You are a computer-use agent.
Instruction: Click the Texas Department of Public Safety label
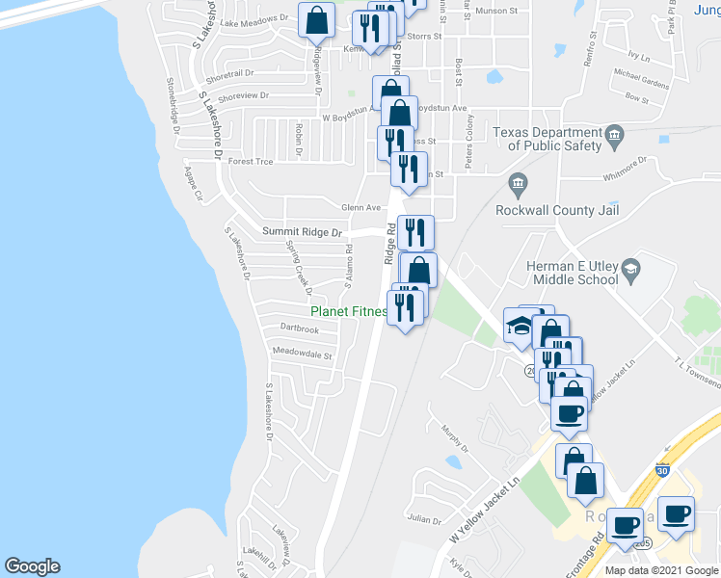546,139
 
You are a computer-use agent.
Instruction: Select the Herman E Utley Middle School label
572,273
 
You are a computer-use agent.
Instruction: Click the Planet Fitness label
348,311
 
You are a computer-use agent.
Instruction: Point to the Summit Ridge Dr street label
303,232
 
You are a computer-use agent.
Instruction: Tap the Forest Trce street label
251,162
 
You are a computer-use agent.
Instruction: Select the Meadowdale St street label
302,355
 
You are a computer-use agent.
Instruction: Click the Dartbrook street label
299,328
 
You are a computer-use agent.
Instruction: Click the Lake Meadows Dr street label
254,19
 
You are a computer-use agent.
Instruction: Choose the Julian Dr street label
424,518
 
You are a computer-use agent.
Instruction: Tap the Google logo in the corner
32,566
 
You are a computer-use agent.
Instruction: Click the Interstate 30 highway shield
661,470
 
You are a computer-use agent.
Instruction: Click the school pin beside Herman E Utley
630,267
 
